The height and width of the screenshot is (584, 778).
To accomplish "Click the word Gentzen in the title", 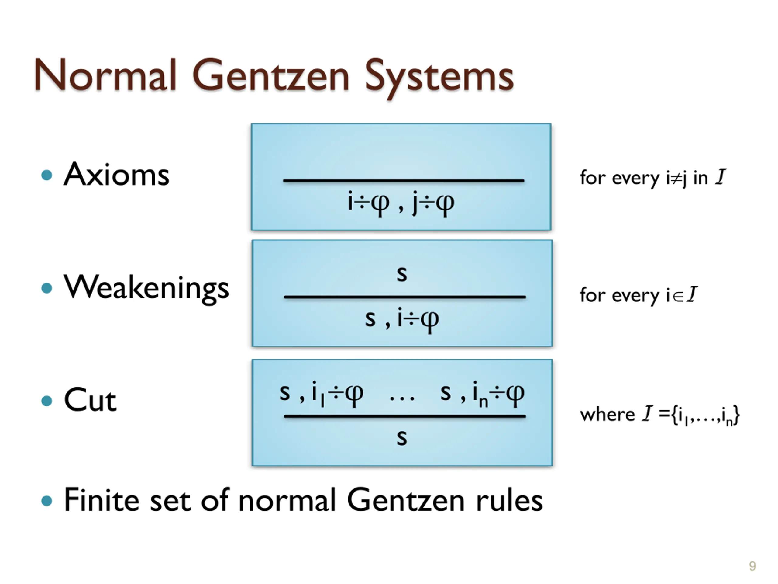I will tap(270, 76).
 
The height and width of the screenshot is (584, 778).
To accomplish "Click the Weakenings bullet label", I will tap(146, 288).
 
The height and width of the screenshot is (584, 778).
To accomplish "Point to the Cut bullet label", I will tap(90, 400).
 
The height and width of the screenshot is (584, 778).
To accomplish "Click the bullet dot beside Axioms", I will tap(47, 175).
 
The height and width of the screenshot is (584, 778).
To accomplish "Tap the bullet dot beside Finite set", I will tap(47, 501).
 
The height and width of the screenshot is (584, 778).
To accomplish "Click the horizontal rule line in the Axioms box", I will tap(403, 181).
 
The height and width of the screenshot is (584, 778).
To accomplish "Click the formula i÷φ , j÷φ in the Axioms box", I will tap(401, 203).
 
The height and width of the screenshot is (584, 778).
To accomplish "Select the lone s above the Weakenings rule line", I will tap(402, 274).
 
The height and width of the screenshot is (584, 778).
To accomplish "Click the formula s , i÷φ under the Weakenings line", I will tap(402, 319).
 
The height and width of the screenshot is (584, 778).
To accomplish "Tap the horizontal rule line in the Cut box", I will tap(404, 416).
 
